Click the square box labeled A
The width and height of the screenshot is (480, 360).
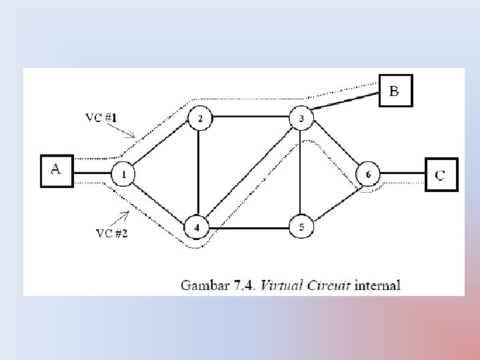click(56, 172)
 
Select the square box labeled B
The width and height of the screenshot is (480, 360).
click(396, 91)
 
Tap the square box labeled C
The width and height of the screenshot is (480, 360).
click(441, 175)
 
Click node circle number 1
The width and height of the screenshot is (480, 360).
click(123, 175)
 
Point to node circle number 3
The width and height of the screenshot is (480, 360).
click(301, 119)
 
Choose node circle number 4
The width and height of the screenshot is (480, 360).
click(196, 227)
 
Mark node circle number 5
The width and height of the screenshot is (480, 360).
click(301, 228)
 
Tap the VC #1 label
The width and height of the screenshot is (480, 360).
click(101, 118)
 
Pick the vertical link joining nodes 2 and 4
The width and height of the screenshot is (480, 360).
click(199, 173)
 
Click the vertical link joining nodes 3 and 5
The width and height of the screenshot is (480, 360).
click(301, 173)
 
